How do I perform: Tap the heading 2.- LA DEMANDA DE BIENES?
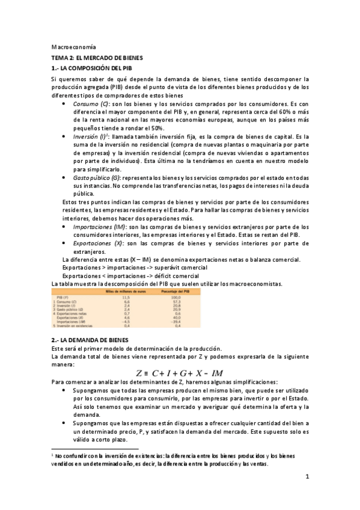click(x=87, y=340)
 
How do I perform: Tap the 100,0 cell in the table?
click(x=175, y=297)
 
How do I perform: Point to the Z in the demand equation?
click(x=140, y=372)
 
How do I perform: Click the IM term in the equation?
click(x=217, y=372)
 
